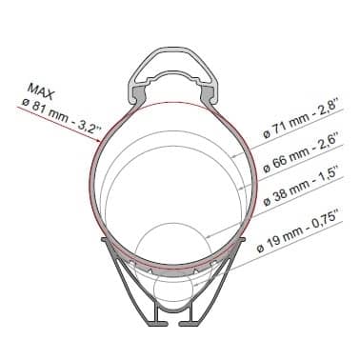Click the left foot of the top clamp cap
point(138,91)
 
